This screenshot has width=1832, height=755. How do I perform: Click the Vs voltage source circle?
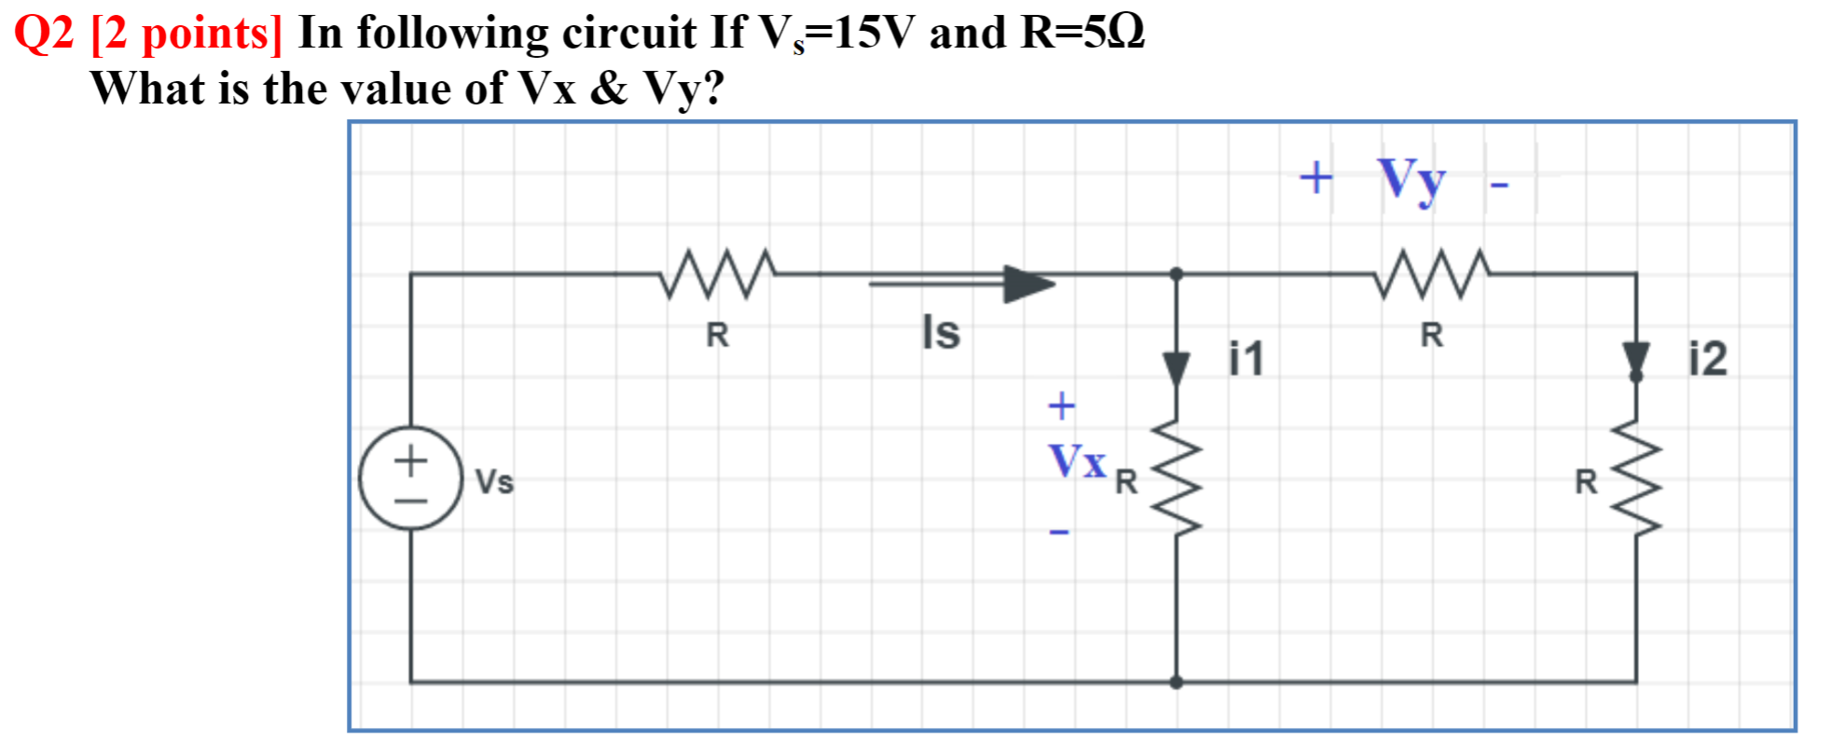coord(410,478)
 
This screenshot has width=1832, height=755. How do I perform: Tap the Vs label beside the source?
coord(494,482)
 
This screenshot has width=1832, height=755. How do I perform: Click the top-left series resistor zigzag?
coord(717,273)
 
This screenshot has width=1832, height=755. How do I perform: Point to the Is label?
coord(941,332)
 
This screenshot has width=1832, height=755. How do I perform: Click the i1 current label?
coord(1246,359)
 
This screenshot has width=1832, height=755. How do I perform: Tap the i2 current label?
coord(1708,359)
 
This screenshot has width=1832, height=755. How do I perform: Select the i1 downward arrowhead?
coord(1177,367)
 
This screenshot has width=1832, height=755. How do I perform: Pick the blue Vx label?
coord(1077,460)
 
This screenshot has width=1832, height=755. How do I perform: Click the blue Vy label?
coord(1412,178)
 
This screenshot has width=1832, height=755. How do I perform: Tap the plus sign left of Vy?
coord(1315,177)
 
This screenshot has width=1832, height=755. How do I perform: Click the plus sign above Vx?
coord(1061,405)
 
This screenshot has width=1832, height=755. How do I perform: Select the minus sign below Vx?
coord(1059,532)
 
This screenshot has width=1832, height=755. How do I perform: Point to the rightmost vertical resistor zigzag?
coord(1636,476)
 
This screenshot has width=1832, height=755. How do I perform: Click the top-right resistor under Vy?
coord(1432,273)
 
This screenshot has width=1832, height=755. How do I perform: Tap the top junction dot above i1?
coord(1177,274)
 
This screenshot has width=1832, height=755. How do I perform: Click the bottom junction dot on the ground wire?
coord(1177,682)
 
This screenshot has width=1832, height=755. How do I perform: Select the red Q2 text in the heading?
coord(44,34)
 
